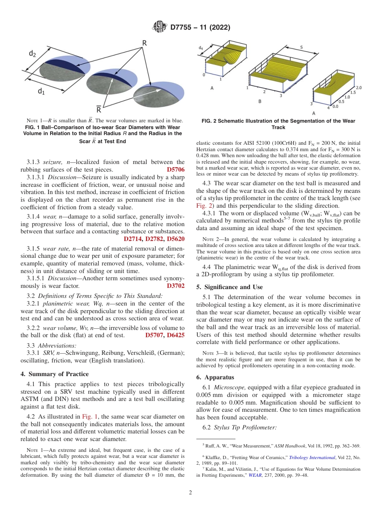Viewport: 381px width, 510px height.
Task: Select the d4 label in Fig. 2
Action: tap(201, 48)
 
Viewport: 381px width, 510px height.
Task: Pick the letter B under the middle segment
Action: tap(259, 101)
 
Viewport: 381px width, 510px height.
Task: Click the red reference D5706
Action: tap(176, 170)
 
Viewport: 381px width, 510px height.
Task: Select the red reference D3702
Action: tap(176, 286)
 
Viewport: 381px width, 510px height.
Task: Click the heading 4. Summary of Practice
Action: tap(55, 374)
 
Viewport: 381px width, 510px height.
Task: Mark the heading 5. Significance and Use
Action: tap(229, 287)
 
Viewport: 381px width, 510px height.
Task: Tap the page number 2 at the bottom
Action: tap(190, 493)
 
